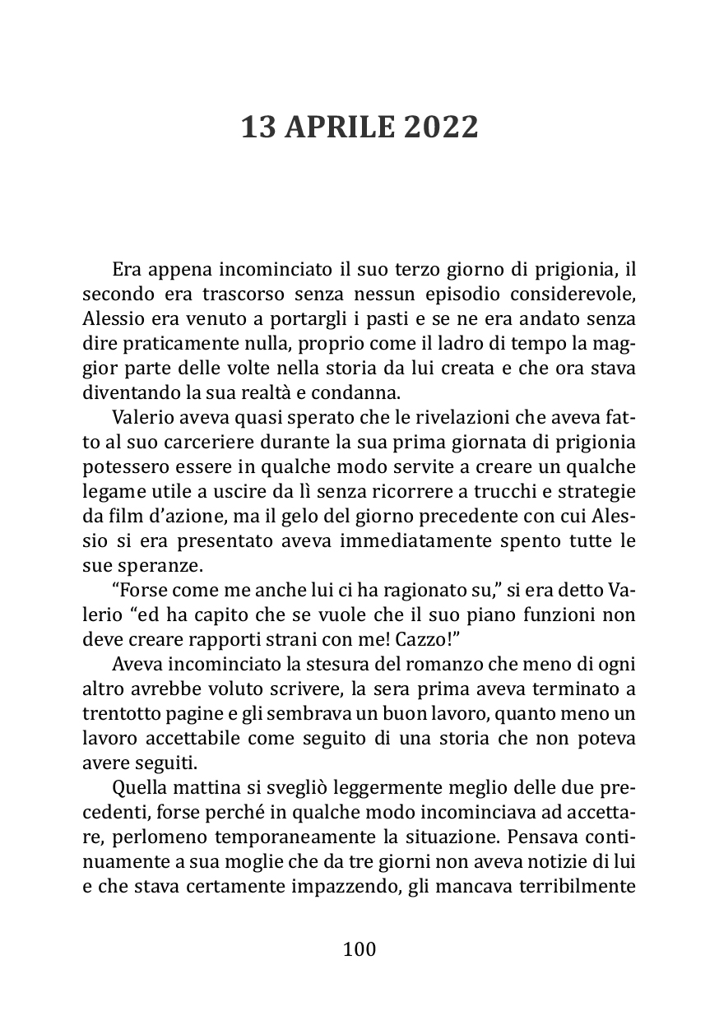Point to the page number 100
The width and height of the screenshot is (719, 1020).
[359, 949]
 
